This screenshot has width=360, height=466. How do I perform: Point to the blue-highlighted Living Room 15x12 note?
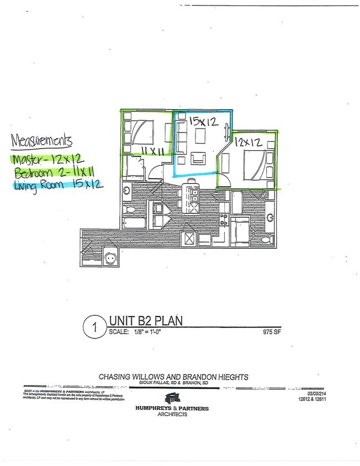pyautogui.click(x=57, y=185)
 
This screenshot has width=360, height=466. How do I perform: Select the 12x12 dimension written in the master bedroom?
pyautogui.click(x=248, y=142)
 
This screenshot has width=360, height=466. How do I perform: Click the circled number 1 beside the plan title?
pyautogui.click(x=95, y=327)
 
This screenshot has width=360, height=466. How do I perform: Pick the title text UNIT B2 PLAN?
pyautogui.click(x=145, y=320)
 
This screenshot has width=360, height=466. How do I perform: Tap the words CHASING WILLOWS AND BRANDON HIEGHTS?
pyautogui.click(x=173, y=377)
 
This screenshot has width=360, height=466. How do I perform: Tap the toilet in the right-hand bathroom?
pyautogui.click(x=266, y=239)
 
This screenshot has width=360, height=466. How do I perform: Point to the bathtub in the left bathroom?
pyautogui.click(x=134, y=225)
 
